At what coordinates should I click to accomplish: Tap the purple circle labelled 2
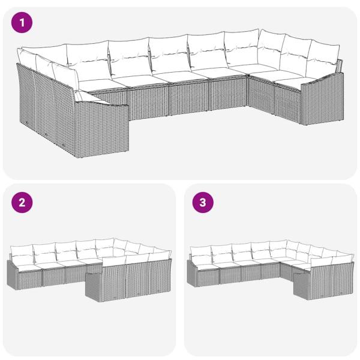click(23, 202)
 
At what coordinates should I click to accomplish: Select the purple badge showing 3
click(203, 202)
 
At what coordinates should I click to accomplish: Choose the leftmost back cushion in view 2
click(23, 250)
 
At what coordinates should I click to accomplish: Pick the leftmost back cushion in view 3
click(202, 251)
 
